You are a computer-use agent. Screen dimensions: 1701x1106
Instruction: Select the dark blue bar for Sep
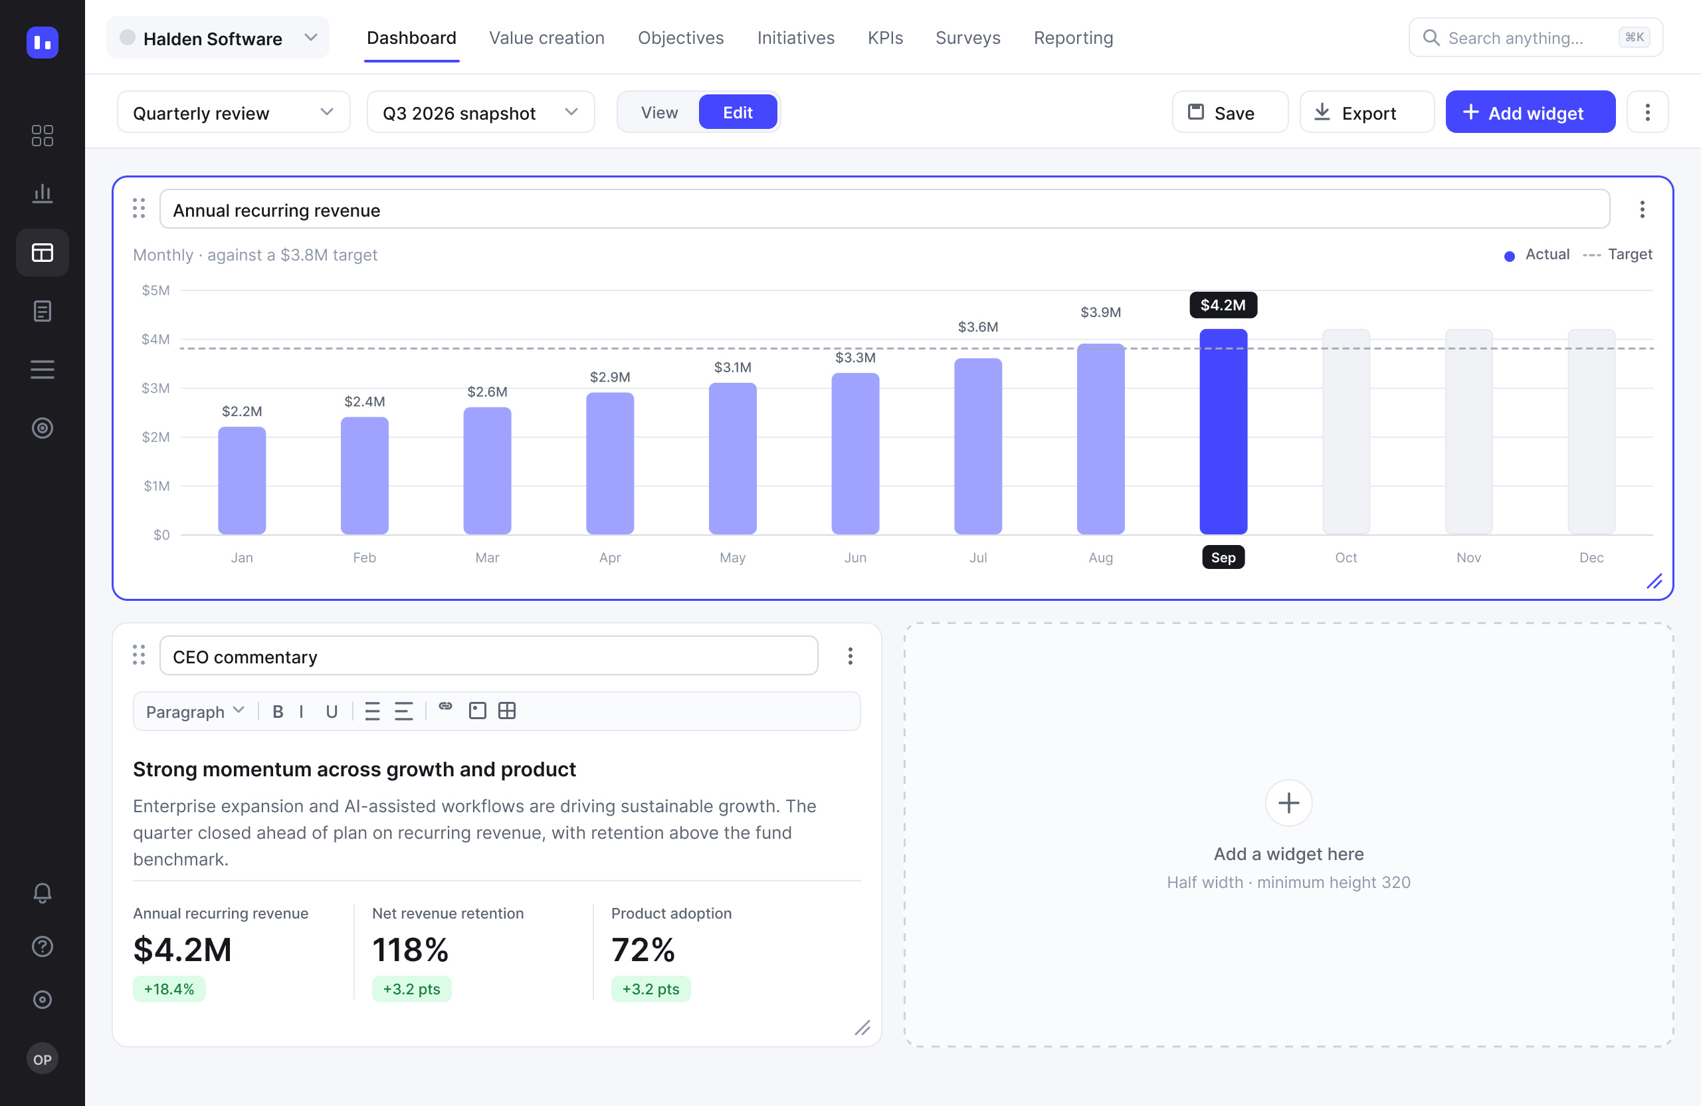pos(1223,431)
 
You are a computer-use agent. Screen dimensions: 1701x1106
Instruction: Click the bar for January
pos(242,481)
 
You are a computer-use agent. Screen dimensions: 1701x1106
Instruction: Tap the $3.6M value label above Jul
pos(977,327)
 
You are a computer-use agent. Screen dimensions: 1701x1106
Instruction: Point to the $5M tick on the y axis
pos(155,290)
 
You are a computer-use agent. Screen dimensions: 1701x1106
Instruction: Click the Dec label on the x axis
pos(1591,558)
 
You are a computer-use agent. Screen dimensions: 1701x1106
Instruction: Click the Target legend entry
pos(1617,255)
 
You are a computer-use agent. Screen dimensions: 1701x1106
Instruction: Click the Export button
pos(1367,112)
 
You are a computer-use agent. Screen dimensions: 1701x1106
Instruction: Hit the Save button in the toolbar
pos(1230,112)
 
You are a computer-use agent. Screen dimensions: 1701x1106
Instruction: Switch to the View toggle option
pos(659,112)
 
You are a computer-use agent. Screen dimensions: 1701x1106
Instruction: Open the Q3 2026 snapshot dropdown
pos(480,112)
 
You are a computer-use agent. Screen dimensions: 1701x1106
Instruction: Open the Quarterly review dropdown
pos(234,112)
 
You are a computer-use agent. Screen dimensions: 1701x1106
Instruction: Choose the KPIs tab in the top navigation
pos(885,38)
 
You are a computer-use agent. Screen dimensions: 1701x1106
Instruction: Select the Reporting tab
pos(1073,38)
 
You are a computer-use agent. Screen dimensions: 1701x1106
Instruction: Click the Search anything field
pos(1535,38)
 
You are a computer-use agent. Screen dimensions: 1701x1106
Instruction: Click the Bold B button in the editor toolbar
pos(278,711)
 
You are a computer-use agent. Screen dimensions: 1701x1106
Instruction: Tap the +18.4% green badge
pos(169,989)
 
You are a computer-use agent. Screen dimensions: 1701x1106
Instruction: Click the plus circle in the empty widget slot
pos(1288,803)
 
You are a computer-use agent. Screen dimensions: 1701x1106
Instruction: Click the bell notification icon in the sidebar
pos(42,893)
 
